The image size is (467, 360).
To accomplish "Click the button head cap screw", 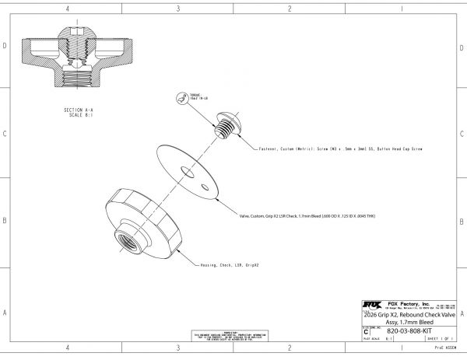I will [x=225, y=124].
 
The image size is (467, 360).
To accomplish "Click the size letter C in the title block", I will [x=366, y=330].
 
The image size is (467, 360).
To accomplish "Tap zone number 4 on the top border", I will [x=68, y=9].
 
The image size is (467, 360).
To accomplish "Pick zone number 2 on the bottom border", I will [x=290, y=348].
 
